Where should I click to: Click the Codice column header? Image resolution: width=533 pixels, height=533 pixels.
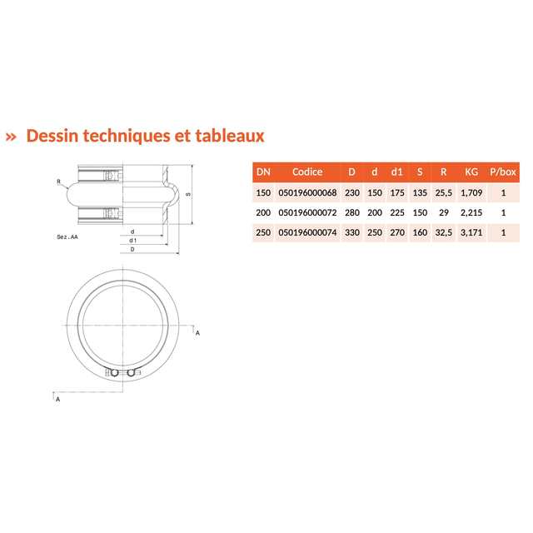(307, 172)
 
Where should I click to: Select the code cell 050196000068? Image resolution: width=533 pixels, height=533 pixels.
(307, 192)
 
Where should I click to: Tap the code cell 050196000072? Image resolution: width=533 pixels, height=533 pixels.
(307, 213)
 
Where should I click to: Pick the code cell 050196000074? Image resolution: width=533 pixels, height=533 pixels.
(307, 233)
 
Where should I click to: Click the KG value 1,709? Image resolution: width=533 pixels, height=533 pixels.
(471, 192)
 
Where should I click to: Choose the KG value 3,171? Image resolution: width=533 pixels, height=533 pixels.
(471, 233)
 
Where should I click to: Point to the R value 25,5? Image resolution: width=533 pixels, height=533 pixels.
(444, 192)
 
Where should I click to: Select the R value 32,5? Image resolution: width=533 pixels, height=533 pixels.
(444, 233)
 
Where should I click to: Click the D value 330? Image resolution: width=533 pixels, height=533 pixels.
(352, 233)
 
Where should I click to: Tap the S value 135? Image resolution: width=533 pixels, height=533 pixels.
(420, 192)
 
